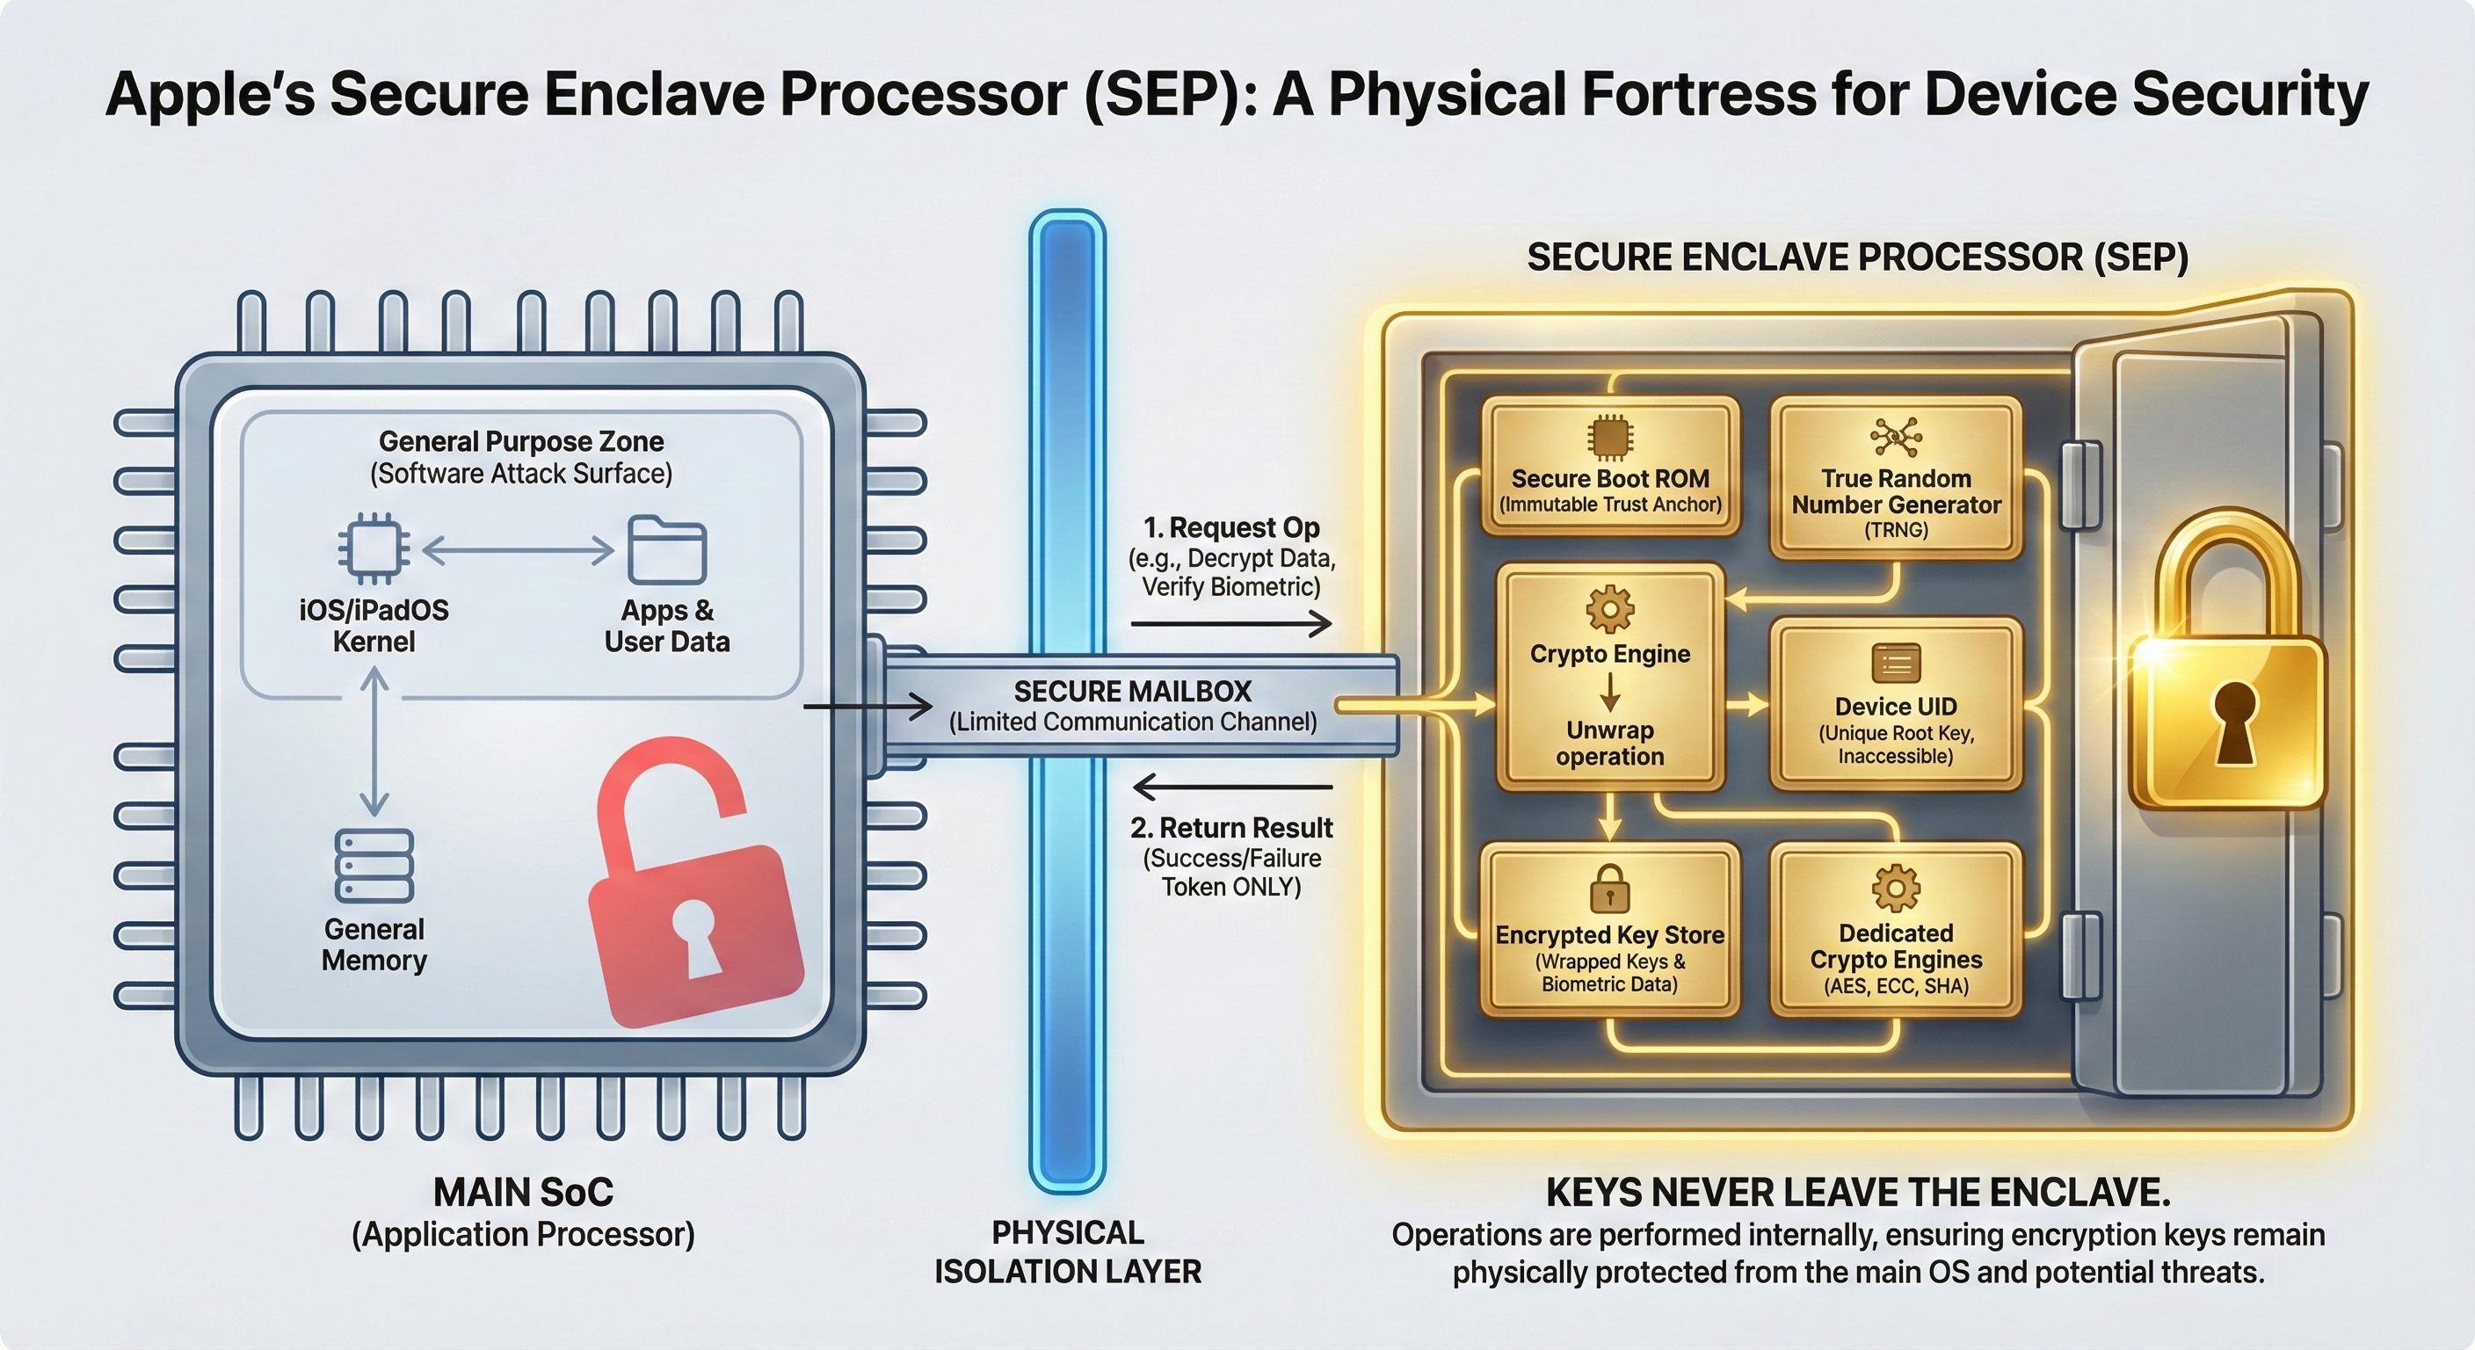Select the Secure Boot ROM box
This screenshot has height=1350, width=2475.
pyautogui.click(x=1610, y=466)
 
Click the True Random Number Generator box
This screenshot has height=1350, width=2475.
pyautogui.click(x=1896, y=477)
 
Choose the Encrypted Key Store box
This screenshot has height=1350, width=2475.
pyautogui.click(x=1609, y=930)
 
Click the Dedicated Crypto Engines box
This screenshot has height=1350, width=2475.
pyautogui.click(x=1896, y=930)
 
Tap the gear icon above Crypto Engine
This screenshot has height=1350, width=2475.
pyautogui.click(x=1610, y=608)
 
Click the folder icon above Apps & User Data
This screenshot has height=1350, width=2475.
pyautogui.click(x=667, y=550)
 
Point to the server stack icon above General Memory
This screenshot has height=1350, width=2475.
pyautogui.click(x=374, y=866)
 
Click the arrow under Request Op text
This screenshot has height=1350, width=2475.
pyautogui.click(x=1230, y=625)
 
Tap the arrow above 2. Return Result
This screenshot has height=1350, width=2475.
pyautogui.click(x=1230, y=787)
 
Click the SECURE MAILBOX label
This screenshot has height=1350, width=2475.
pyautogui.click(x=1133, y=692)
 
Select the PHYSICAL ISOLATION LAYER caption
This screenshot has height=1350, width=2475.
pyautogui.click(x=1068, y=1252)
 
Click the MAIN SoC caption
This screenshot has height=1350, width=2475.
pyautogui.click(x=523, y=1194)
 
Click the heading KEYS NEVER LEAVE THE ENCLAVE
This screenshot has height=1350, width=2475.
pyautogui.click(x=1858, y=1194)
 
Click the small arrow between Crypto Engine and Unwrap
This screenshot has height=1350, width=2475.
pyautogui.click(x=1610, y=692)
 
